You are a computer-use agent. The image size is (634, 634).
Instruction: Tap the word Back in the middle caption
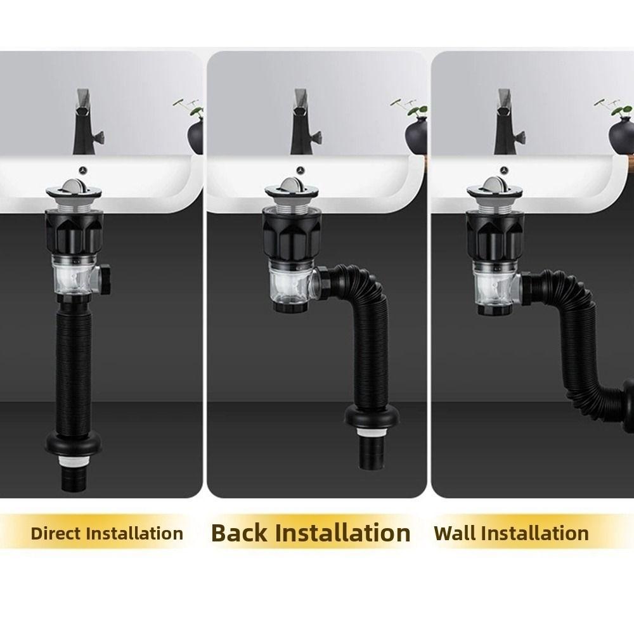pos(240,533)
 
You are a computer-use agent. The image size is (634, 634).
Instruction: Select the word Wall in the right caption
pos(455,533)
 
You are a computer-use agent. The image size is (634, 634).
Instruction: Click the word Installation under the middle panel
pos(343,533)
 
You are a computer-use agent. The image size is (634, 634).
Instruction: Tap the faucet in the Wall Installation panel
pos(505,124)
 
